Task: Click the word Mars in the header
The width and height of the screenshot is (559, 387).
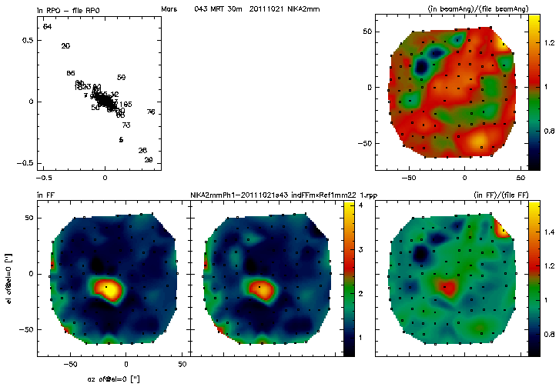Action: (x=169, y=8)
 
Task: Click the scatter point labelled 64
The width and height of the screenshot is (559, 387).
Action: (x=47, y=27)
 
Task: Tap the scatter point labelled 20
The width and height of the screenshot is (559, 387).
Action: (x=65, y=46)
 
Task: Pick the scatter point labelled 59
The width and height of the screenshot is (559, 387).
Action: (x=121, y=78)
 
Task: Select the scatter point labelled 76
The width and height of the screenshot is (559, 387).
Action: (x=151, y=112)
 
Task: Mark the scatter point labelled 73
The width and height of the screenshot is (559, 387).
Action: (x=126, y=125)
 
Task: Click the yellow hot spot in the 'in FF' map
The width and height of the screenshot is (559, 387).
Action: (x=110, y=289)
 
